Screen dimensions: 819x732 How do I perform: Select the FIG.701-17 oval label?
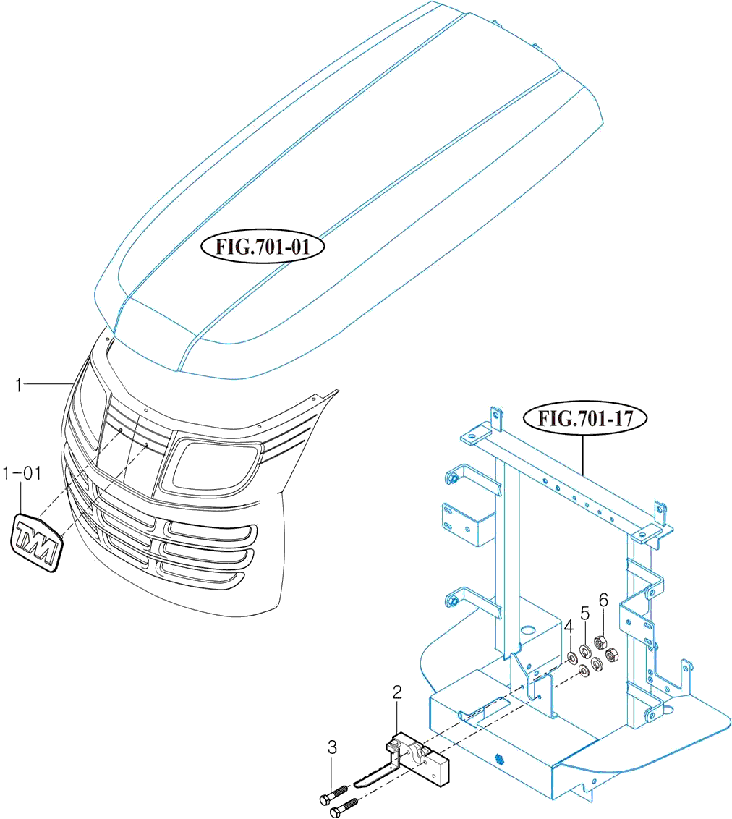584,418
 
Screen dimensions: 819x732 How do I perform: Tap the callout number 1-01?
22,475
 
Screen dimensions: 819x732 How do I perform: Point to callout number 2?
397,692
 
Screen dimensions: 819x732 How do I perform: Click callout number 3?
332,747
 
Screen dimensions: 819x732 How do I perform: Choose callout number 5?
585,614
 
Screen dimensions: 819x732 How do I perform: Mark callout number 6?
603,599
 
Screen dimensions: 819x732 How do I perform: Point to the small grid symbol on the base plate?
499,758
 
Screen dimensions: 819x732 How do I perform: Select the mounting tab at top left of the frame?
496,419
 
